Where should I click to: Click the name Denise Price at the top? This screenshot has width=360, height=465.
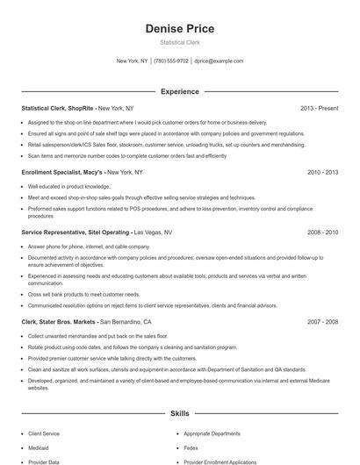coord(179,29)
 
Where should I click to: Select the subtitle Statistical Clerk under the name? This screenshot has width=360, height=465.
coord(179,42)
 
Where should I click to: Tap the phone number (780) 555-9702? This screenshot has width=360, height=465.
coord(171,61)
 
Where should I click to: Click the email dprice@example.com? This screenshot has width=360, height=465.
coord(219,61)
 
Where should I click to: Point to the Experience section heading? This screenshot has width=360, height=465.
coord(179,91)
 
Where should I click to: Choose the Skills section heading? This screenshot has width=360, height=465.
coord(179,412)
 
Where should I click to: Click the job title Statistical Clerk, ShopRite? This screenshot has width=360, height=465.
coord(57,108)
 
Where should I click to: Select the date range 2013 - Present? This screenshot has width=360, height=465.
coord(319,108)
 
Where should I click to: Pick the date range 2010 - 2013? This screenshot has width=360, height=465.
coord(322,173)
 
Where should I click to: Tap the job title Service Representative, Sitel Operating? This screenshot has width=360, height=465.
coord(75,232)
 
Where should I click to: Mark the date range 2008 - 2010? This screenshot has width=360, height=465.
coord(322,232)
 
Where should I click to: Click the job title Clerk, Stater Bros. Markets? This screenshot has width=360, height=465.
coord(59,322)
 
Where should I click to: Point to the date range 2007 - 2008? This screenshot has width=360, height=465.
coord(322,322)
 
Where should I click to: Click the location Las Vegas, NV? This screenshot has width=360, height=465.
coord(153,232)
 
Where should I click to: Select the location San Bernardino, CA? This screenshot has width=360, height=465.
coord(132,322)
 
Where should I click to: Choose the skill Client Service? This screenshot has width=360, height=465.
coord(44,433)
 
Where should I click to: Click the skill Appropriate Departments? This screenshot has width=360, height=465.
coord(212,433)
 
